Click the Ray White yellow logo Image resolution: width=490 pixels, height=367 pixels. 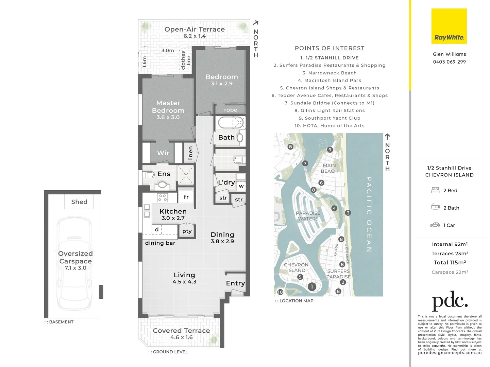coord(449,26)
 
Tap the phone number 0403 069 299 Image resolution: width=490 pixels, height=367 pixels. coord(449,62)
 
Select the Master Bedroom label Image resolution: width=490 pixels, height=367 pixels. coord(168,107)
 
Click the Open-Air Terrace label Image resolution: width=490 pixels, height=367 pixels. coord(195,30)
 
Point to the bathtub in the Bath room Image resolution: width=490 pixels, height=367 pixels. coord(231,122)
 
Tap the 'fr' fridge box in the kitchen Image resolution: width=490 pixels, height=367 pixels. coord(186,197)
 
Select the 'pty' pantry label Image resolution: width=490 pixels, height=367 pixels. coord(187,231)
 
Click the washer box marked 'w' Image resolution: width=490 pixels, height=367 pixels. coord(241,186)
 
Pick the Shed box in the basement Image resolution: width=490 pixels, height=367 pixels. coord(79,202)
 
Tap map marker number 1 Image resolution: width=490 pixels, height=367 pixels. coord(311,286)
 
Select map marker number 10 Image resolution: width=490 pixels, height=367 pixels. coord(280,292)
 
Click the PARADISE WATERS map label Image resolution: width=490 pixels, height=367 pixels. coord(308,216)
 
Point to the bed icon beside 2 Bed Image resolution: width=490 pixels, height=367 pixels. coord(435,190)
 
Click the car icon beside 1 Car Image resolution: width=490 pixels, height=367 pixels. coord(435,225)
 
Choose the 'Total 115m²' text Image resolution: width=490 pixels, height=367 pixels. coord(450,262)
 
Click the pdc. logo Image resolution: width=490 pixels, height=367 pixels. coord(450,301)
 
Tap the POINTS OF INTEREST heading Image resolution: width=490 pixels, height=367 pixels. coord(330,48)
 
